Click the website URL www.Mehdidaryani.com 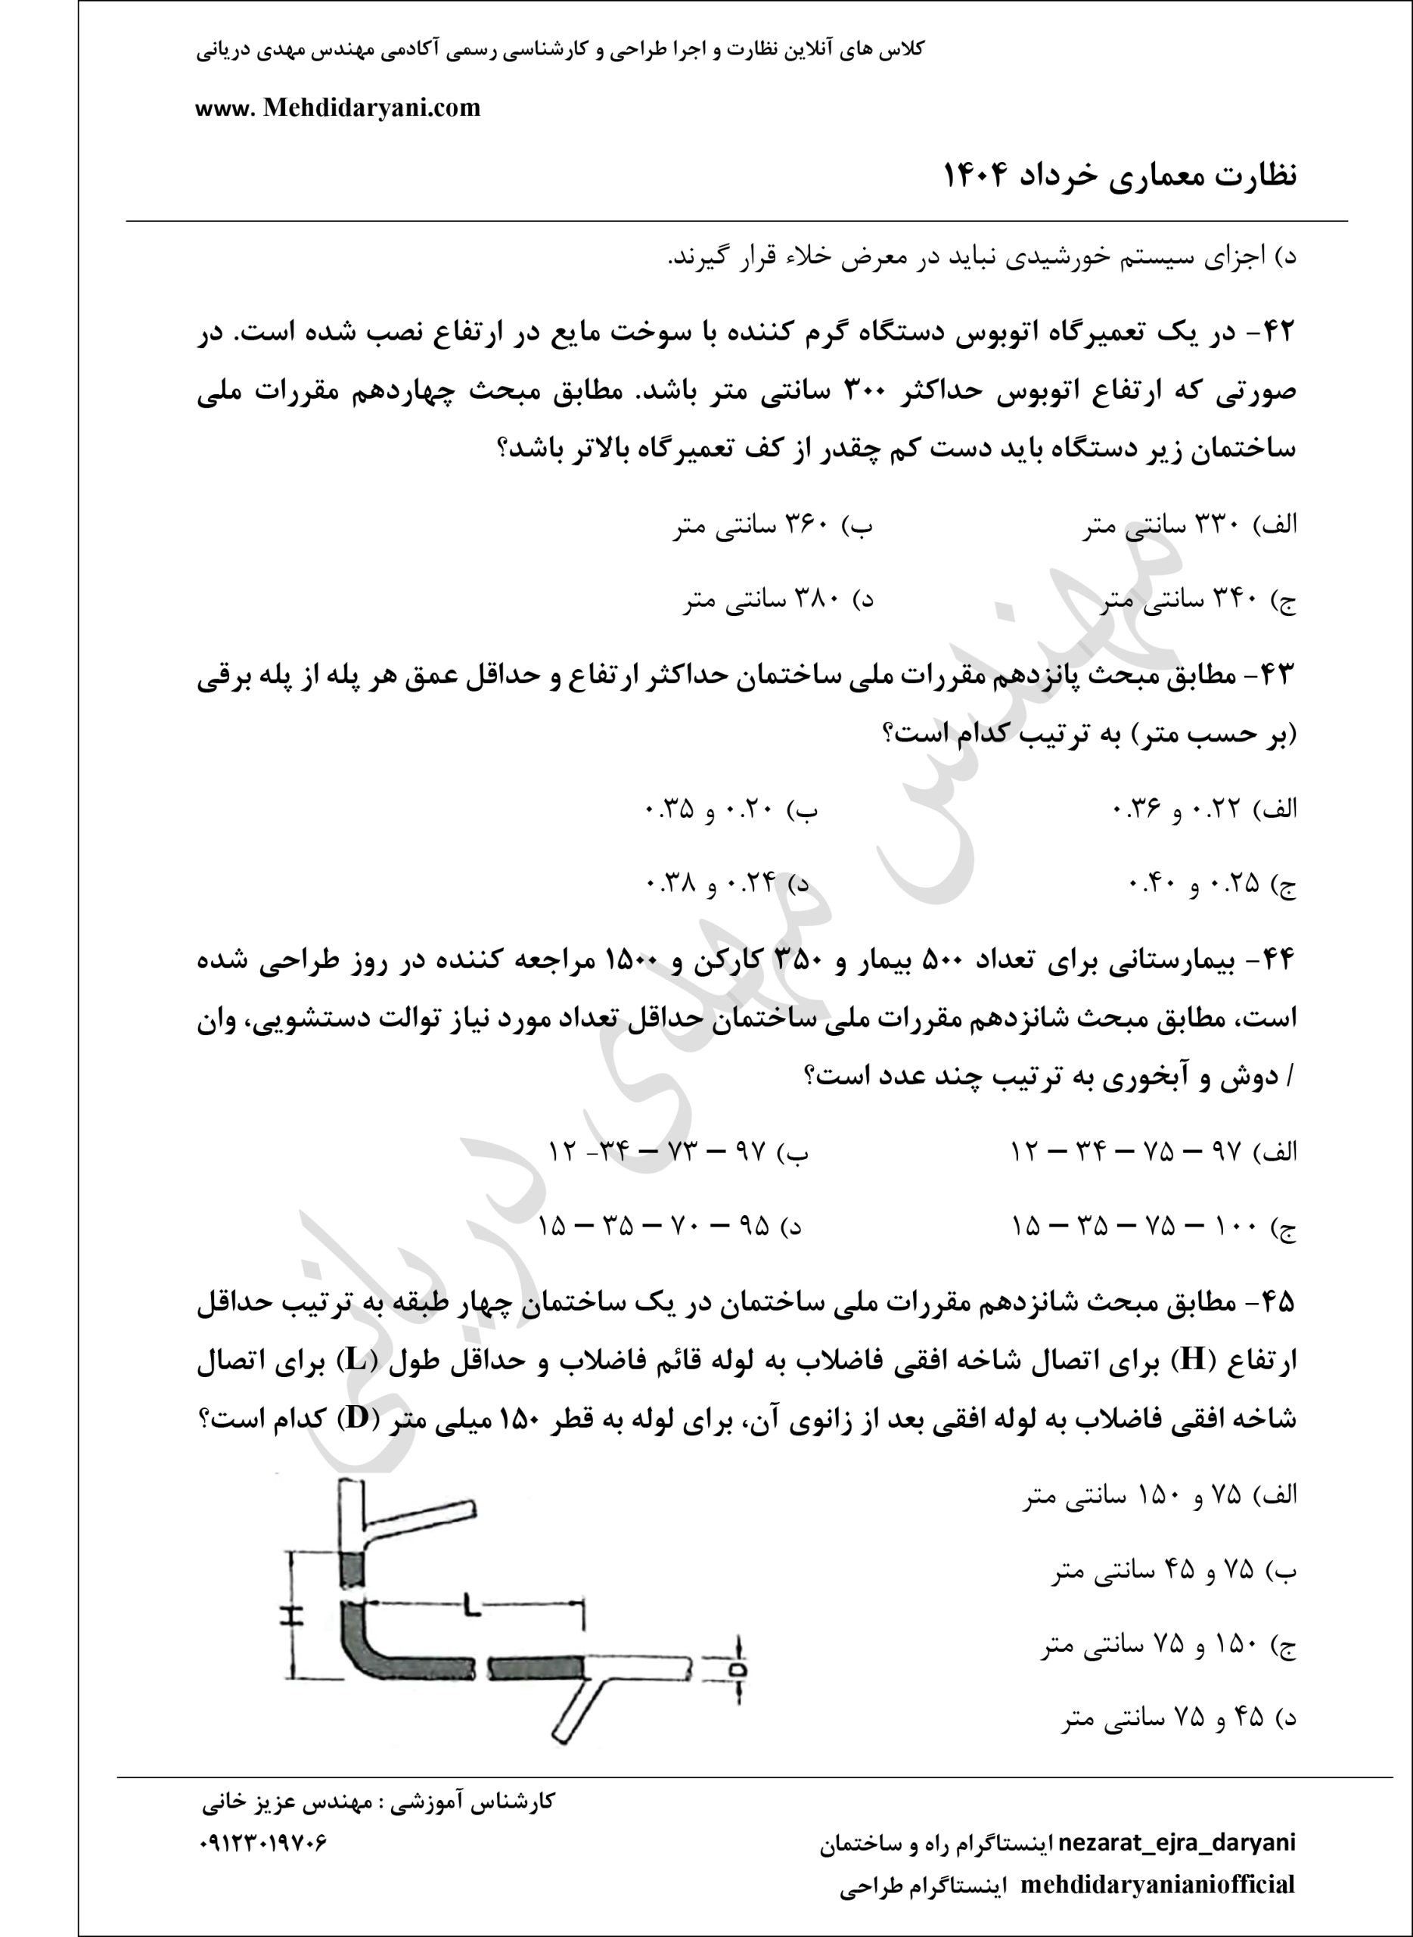338,107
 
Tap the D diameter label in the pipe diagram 738,1669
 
